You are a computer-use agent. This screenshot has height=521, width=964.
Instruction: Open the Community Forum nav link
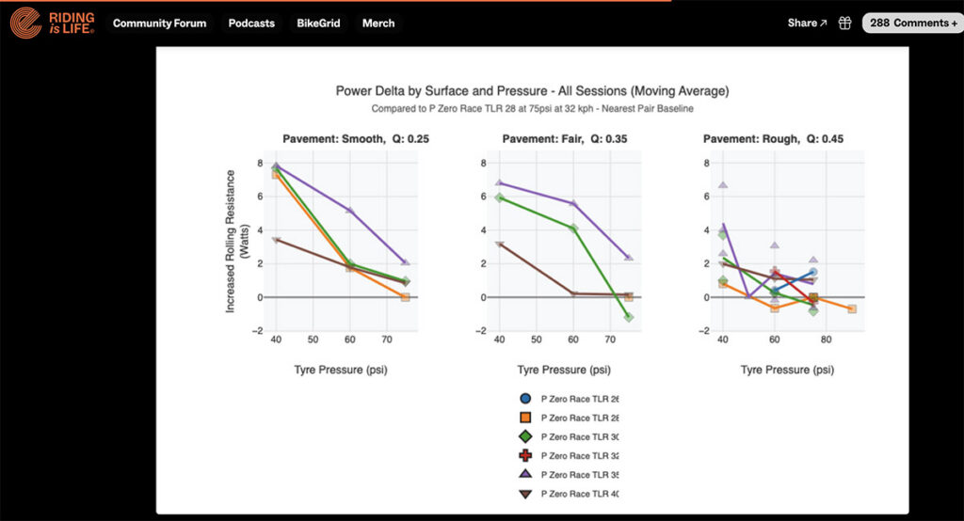159,24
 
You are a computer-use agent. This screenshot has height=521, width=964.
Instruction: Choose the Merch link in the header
378,24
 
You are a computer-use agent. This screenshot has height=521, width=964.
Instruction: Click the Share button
807,24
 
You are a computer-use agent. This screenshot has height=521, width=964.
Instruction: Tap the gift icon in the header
844,24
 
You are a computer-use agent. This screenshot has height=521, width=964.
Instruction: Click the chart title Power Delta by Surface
532,91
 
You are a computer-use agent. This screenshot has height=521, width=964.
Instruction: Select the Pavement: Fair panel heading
565,139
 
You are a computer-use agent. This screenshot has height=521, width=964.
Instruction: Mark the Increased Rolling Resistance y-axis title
236,241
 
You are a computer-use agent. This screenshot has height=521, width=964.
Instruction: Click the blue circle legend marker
525,399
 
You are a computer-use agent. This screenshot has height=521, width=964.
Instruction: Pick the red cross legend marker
525,456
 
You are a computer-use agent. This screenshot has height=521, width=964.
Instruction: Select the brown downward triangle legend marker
525,494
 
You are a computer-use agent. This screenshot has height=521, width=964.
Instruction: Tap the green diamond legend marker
525,436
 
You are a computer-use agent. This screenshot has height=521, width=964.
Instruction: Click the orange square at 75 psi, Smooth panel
405,297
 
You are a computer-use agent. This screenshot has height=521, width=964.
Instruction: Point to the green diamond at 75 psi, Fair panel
628,318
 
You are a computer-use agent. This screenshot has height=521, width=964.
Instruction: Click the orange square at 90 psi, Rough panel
852,309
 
